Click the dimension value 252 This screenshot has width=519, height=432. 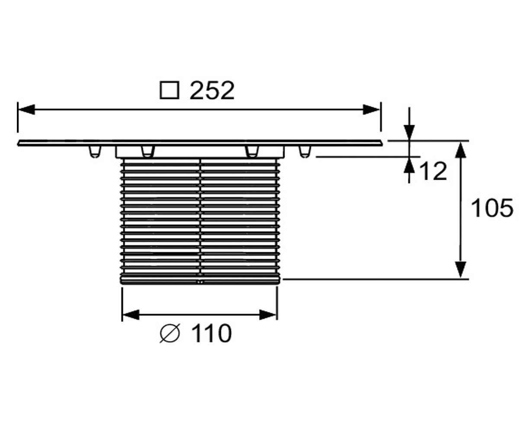pos(212,91)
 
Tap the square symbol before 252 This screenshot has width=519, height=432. pos(170,91)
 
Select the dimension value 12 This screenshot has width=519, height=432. pos(433,171)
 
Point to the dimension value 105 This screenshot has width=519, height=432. pos(492,208)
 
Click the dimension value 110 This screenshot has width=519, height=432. pos(212,333)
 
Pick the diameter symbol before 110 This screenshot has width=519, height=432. pos(170,333)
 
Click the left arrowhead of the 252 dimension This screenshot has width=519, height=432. pos(26,109)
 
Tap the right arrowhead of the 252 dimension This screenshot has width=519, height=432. pos(371,109)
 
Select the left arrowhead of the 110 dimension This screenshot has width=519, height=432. pos(131,315)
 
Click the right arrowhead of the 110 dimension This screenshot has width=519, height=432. pos(268,315)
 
